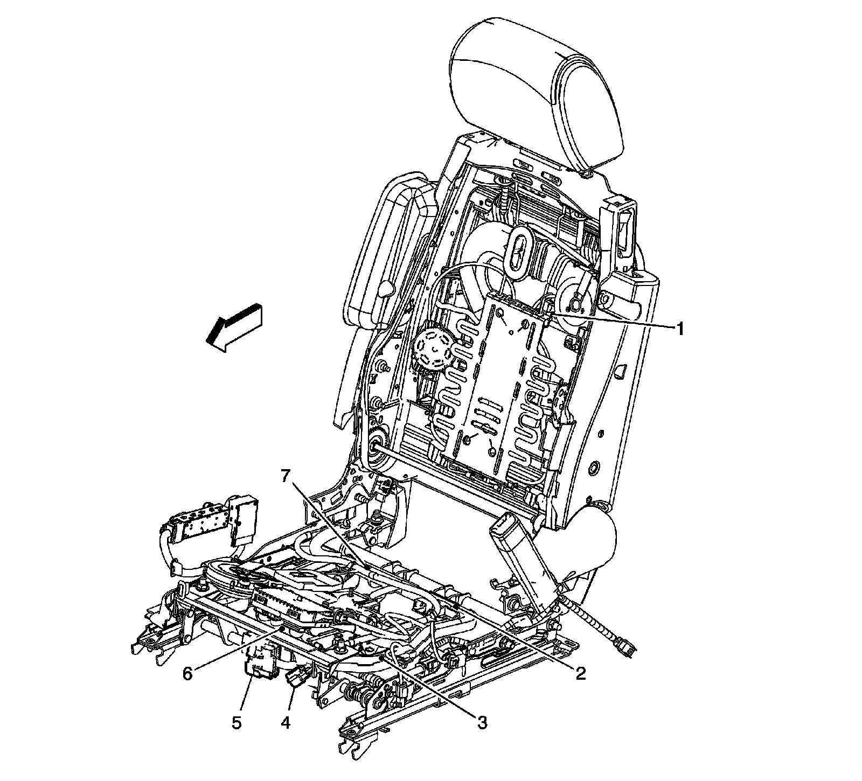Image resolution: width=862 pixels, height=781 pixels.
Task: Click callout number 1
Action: (680, 328)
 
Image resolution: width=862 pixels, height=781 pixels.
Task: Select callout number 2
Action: (580, 673)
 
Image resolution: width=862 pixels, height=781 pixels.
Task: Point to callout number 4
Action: (286, 722)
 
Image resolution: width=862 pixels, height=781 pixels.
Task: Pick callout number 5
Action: (237, 722)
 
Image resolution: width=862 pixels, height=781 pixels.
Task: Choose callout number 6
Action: (187, 673)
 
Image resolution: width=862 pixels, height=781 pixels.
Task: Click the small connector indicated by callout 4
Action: (298, 677)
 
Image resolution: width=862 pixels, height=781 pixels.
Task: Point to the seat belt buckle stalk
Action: (520, 560)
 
